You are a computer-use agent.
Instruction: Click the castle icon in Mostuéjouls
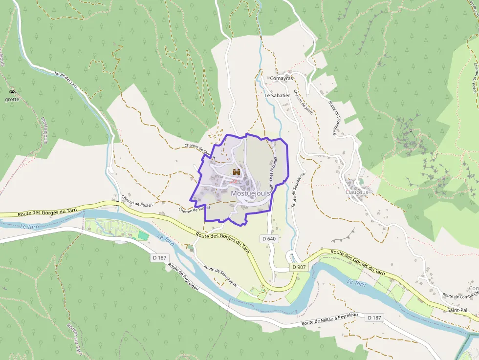tap(237, 172)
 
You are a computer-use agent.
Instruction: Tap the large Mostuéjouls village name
tap(250, 193)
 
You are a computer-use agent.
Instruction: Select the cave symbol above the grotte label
tap(12, 92)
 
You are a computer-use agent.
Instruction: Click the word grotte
tap(12, 99)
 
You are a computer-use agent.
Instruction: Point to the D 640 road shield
tap(269, 239)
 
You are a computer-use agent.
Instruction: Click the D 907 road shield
tap(299, 267)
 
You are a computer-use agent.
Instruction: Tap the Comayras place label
tap(282, 78)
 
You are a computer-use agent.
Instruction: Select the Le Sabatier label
tap(277, 96)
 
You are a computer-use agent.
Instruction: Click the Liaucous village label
tap(356, 192)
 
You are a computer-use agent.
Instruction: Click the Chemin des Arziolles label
tap(272, 177)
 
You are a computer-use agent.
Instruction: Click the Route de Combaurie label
tap(460, 295)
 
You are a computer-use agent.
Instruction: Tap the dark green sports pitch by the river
tap(143, 235)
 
